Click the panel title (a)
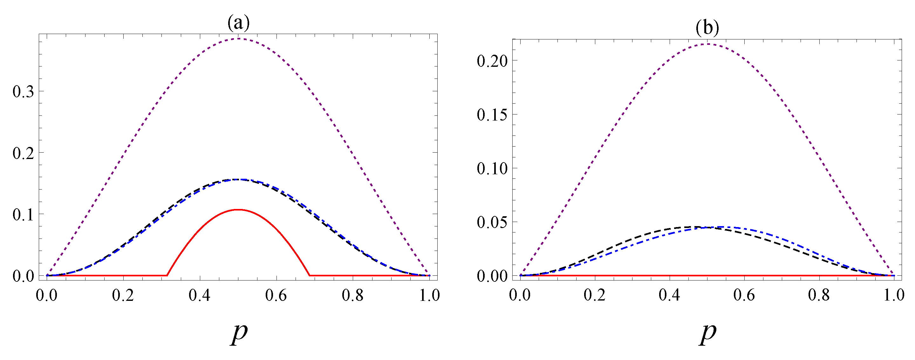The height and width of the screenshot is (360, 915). click(238, 23)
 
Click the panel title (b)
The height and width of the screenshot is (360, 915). click(707, 27)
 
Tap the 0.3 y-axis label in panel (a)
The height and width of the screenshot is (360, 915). click(24, 92)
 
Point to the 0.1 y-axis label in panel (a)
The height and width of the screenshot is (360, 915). click(24, 215)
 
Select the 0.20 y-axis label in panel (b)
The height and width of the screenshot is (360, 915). click(492, 61)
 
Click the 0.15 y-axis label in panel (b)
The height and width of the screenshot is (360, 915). click(492, 115)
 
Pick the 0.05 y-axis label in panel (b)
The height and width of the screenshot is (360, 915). click(492, 223)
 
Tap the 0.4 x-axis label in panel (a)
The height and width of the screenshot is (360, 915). click(199, 295)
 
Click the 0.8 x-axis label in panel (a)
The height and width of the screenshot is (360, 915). click(352, 295)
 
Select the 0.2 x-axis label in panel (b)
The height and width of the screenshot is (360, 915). click(595, 295)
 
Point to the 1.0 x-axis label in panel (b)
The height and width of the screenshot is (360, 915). click(894, 295)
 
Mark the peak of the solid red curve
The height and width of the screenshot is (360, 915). click(238, 210)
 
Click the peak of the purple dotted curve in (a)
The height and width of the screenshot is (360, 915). click(238, 38)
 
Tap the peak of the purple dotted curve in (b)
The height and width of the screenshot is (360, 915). click(707, 44)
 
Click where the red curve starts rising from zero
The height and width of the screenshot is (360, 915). click(167, 275)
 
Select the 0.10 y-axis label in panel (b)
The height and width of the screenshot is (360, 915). click(492, 169)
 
